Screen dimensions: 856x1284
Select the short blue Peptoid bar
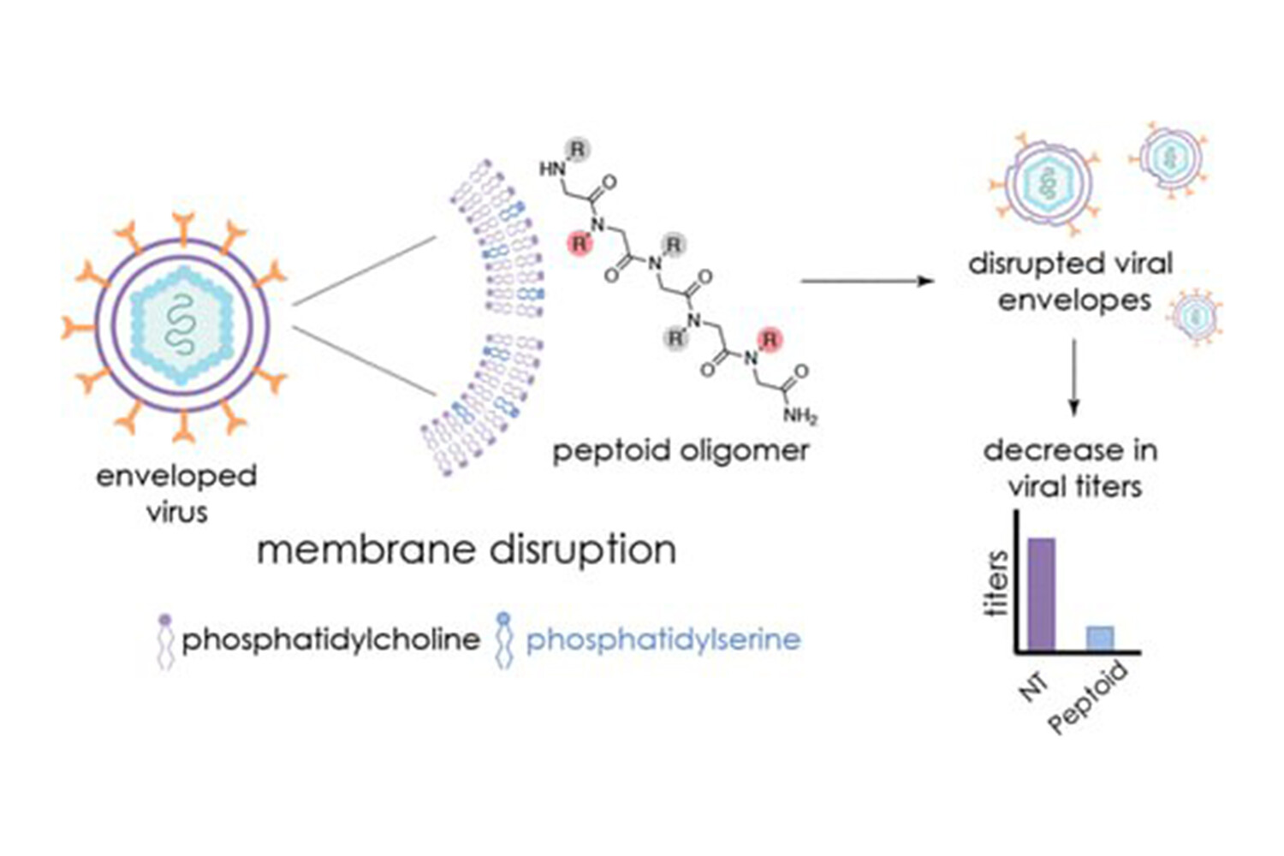pyautogui.click(x=1100, y=639)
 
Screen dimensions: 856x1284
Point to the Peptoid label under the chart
pyautogui.click(x=1088, y=698)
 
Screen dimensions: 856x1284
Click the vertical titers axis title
pyautogui.click(x=996, y=585)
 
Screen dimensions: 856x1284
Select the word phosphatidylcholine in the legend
pyautogui.click(x=330, y=639)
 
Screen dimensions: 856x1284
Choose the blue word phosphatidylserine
pyautogui.click(x=663, y=639)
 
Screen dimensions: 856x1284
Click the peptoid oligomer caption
pyautogui.click(x=681, y=450)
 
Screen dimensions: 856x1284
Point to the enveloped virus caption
pyautogui.click(x=176, y=493)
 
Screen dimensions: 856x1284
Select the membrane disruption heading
pyautogui.click(x=467, y=549)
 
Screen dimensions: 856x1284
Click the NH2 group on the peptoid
pyautogui.click(x=800, y=417)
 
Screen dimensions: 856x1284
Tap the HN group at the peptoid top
pyautogui.click(x=551, y=169)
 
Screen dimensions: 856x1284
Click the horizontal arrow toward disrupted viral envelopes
pyautogui.click(x=865, y=281)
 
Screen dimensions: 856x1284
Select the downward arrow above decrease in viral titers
pyautogui.click(x=1073, y=377)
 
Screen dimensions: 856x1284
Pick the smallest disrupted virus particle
pyautogui.click(x=1196, y=316)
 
